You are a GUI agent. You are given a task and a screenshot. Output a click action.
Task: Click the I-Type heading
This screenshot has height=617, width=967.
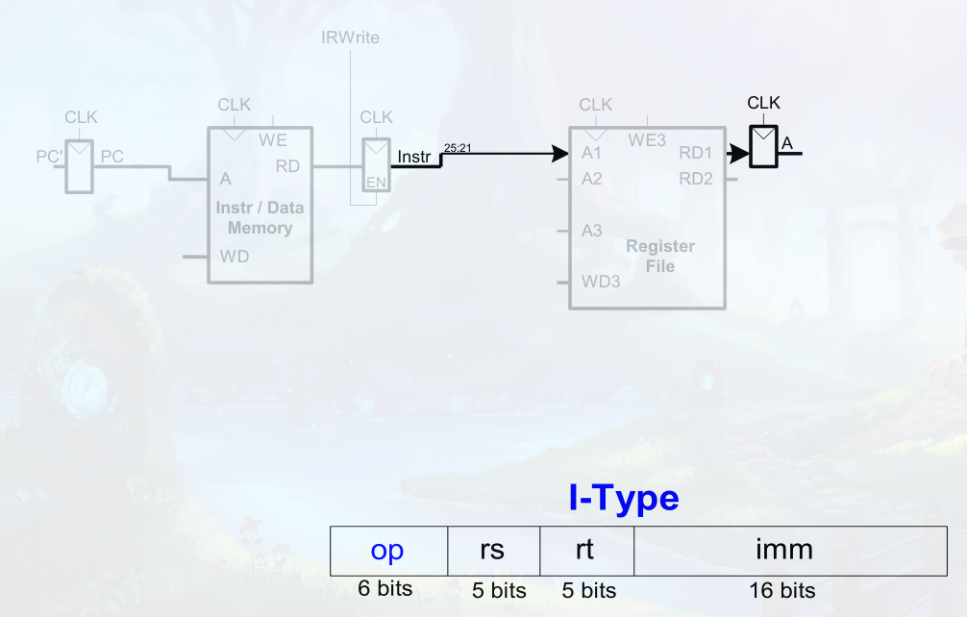(x=624, y=499)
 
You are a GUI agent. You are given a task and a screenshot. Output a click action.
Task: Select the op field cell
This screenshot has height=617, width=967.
(x=387, y=550)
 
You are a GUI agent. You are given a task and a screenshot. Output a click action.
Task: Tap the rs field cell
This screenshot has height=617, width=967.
(x=492, y=550)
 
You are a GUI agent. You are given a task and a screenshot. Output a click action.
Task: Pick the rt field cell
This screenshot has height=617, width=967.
(x=584, y=550)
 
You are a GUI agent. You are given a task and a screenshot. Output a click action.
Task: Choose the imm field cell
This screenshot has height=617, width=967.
(x=783, y=550)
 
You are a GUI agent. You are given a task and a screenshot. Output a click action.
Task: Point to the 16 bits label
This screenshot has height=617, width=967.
(x=782, y=590)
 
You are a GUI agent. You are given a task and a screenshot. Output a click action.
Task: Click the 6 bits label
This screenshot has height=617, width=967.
(x=384, y=588)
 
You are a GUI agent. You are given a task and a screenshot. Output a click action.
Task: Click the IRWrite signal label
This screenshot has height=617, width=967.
(x=350, y=37)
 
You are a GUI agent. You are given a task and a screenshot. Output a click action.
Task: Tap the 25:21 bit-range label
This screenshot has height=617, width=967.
(x=457, y=147)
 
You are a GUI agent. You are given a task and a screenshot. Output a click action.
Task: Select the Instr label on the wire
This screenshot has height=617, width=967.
(x=414, y=156)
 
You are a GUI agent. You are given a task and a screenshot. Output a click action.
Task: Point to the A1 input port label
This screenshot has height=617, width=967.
(x=591, y=154)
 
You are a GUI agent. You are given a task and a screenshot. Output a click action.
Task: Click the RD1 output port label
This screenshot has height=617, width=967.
(x=696, y=154)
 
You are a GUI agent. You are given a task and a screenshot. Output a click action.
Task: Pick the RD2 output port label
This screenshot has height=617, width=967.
(x=696, y=178)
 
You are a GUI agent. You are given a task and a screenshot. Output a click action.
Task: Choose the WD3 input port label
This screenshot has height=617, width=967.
(x=601, y=282)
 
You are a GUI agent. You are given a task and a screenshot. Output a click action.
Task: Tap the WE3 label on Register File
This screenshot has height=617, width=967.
(x=647, y=139)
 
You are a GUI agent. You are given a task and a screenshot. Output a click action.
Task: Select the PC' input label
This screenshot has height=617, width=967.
(x=50, y=156)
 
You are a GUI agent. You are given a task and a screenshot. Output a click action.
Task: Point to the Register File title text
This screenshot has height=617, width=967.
(x=659, y=256)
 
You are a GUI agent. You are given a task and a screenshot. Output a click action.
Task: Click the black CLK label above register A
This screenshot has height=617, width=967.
(x=763, y=103)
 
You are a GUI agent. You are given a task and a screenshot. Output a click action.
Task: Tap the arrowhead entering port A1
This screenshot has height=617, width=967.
(x=560, y=154)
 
